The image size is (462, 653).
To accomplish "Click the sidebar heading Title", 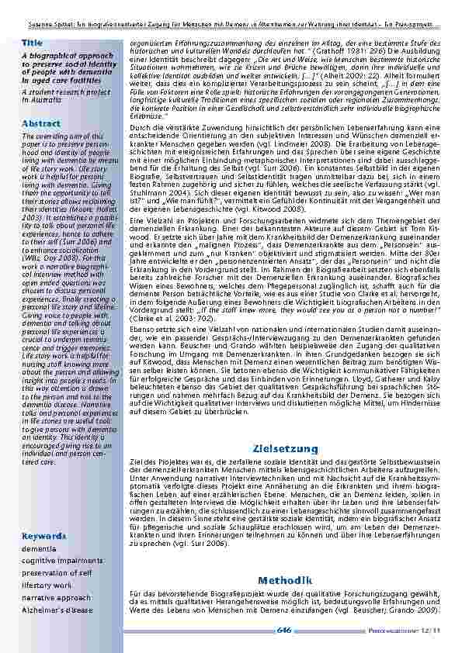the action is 32,42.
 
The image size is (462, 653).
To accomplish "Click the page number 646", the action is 285,631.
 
